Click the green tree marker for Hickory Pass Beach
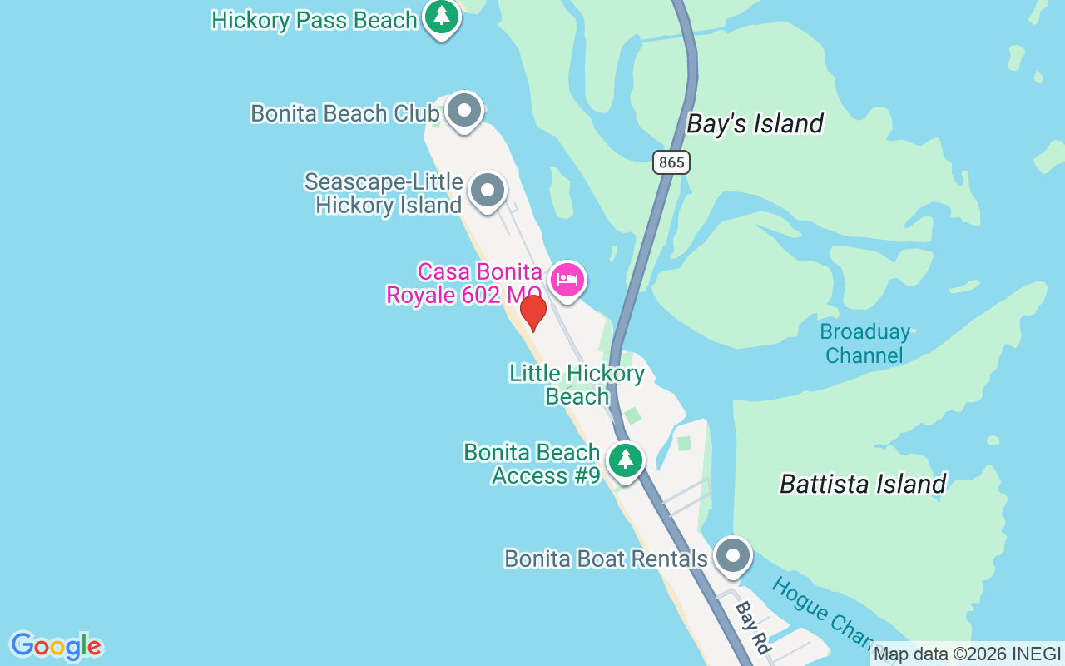click(x=442, y=16)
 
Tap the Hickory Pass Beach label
click(x=315, y=20)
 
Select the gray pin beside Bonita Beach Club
click(x=464, y=110)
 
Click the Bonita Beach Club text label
click(x=344, y=113)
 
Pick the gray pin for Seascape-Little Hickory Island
click(x=488, y=191)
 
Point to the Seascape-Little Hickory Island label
click(x=384, y=193)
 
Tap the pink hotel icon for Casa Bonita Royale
click(x=567, y=280)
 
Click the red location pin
click(x=533, y=312)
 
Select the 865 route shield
click(x=671, y=162)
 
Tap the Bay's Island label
click(x=755, y=124)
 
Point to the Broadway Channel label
click(x=864, y=344)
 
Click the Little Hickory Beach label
click(x=577, y=385)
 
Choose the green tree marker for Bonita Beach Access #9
click(x=626, y=460)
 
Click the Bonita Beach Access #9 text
click(x=532, y=464)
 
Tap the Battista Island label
click(x=863, y=484)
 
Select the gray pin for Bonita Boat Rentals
click(x=733, y=554)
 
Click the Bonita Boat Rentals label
click(x=606, y=559)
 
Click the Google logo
click(x=56, y=646)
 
